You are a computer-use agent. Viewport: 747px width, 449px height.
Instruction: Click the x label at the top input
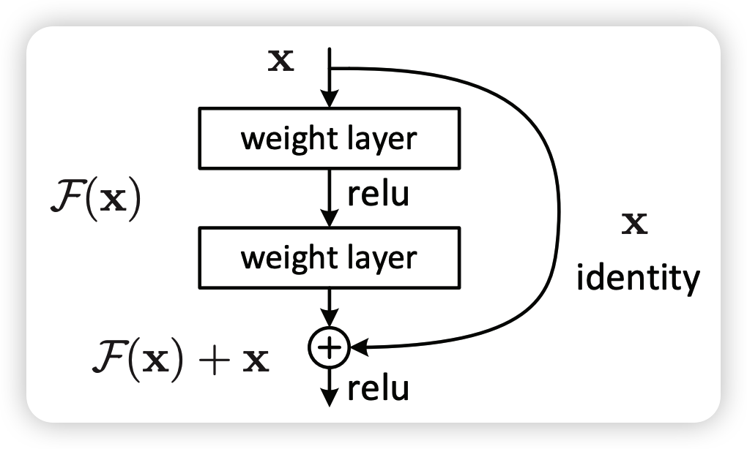(281, 61)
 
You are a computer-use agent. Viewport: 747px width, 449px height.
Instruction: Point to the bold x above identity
(634, 224)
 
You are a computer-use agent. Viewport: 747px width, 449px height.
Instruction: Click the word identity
(639, 277)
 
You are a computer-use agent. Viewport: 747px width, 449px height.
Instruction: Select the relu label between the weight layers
(379, 194)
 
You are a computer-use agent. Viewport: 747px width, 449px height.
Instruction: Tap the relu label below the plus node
(379, 388)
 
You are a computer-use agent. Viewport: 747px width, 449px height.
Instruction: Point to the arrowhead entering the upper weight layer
(330, 99)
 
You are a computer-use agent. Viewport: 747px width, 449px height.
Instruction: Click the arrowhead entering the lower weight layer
(330, 219)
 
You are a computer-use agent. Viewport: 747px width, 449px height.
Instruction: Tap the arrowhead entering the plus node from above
(330, 318)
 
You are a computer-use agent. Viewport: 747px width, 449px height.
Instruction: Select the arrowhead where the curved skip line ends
(359, 347)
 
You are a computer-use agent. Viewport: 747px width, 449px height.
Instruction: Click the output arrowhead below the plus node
(330, 398)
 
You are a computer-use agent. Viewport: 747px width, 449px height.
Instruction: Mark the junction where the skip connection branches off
(330, 68)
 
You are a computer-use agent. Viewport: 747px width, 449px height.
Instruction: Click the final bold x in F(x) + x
(256, 361)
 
